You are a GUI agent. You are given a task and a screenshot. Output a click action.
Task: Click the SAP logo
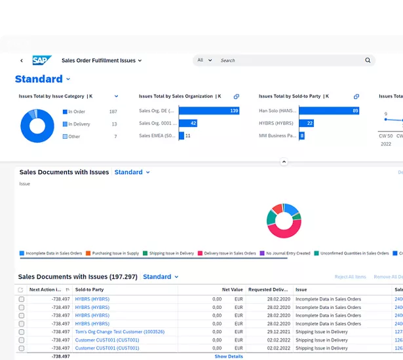pos(42,60)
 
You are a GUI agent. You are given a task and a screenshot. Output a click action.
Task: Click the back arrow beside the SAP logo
pos(22,61)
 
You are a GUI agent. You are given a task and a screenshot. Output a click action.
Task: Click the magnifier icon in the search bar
pos(368,60)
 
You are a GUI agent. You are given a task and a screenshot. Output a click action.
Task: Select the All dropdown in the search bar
pos(204,60)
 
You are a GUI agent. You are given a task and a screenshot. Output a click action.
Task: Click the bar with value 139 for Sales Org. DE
pos(210,111)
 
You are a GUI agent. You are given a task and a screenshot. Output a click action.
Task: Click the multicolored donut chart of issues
pos(284,221)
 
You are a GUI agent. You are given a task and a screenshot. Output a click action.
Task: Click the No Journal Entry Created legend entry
pos(287,253)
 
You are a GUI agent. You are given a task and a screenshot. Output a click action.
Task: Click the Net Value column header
pos(232,289)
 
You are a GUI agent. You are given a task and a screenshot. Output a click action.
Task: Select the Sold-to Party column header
pos(89,289)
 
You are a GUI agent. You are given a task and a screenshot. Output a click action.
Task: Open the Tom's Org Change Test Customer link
pos(119,332)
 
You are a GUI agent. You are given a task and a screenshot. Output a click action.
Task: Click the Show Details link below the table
pos(229,357)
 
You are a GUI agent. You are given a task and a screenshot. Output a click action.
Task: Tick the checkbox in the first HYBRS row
pos(22,299)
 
